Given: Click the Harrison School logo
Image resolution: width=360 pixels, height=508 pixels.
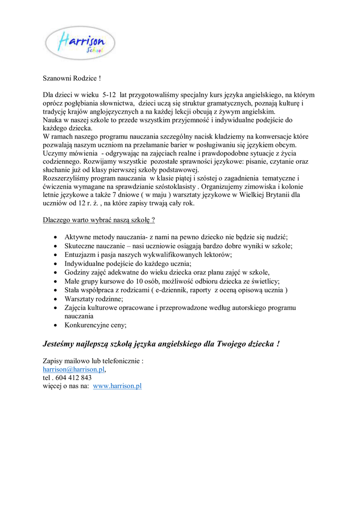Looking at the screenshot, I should (80, 43).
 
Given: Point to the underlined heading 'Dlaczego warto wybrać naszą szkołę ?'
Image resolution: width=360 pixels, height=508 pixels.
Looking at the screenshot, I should (99, 219).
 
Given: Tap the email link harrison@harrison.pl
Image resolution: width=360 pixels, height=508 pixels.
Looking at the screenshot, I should (73, 369).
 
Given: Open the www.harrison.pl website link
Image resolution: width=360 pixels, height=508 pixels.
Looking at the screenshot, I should (117, 386).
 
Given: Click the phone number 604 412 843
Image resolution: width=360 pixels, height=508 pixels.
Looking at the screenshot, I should (72, 378).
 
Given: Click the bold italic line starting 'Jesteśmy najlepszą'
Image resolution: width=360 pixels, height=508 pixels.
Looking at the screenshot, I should (161, 343).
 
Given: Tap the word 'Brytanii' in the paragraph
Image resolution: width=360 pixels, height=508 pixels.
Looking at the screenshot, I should (273, 195).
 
